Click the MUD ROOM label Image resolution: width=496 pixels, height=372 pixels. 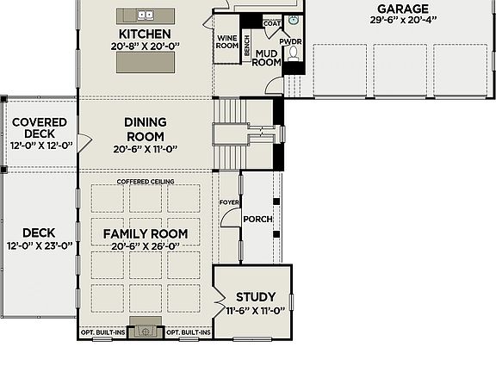pyautogui.click(x=267, y=57)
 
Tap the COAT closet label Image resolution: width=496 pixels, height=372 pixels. pyautogui.click(x=271, y=23)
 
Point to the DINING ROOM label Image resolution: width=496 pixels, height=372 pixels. pyautogui.click(x=146, y=129)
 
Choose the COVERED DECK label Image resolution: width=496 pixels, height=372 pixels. pyautogui.click(x=34, y=128)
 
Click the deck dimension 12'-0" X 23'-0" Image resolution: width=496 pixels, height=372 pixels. pyautogui.click(x=39, y=245)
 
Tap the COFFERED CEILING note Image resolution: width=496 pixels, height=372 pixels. pyautogui.click(x=146, y=183)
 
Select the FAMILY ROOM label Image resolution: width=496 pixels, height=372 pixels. pyautogui.click(x=146, y=233)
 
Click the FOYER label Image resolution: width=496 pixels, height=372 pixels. pyautogui.click(x=228, y=203)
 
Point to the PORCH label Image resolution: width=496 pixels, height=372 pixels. pyautogui.click(x=257, y=219)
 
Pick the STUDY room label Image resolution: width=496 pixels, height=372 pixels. pyautogui.click(x=256, y=298)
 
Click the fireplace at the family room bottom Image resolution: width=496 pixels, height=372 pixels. pyautogui.click(x=146, y=331)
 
